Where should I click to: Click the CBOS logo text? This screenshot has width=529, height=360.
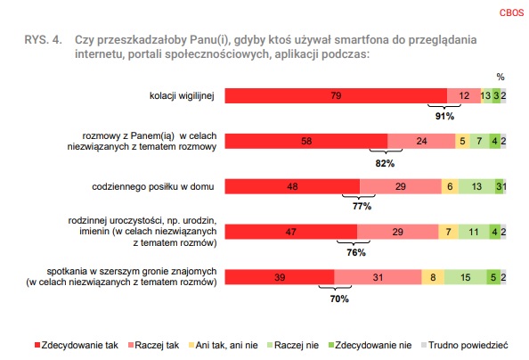[x=511, y=12]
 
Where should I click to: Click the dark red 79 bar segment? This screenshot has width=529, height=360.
[x=336, y=96]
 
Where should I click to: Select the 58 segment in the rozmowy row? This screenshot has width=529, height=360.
[x=306, y=141]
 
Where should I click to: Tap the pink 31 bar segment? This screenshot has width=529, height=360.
[x=378, y=277]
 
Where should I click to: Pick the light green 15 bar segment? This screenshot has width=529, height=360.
[x=466, y=277]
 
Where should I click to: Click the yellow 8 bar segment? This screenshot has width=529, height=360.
[x=433, y=277]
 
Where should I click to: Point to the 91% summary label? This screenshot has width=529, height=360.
[x=444, y=117]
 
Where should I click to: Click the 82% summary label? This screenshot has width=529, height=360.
[x=385, y=163]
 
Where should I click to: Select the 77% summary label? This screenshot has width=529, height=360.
[x=362, y=206]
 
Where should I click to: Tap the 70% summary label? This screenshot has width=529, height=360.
[x=339, y=299]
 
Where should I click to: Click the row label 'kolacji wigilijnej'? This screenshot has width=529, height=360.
[x=182, y=96]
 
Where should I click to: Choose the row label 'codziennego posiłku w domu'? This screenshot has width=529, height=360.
[x=153, y=186]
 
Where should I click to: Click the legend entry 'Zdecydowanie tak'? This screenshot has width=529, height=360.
[x=77, y=345]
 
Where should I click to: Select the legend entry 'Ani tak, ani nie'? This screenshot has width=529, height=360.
[x=224, y=345]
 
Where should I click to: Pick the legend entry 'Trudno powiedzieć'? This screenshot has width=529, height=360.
[x=465, y=345]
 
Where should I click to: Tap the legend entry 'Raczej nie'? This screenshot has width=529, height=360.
[x=293, y=345]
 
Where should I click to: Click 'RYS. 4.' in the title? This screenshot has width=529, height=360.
[x=43, y=40]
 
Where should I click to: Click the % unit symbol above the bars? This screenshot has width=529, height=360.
[x=501, y=77]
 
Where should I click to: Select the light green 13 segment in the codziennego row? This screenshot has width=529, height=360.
[x=476, y=186]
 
